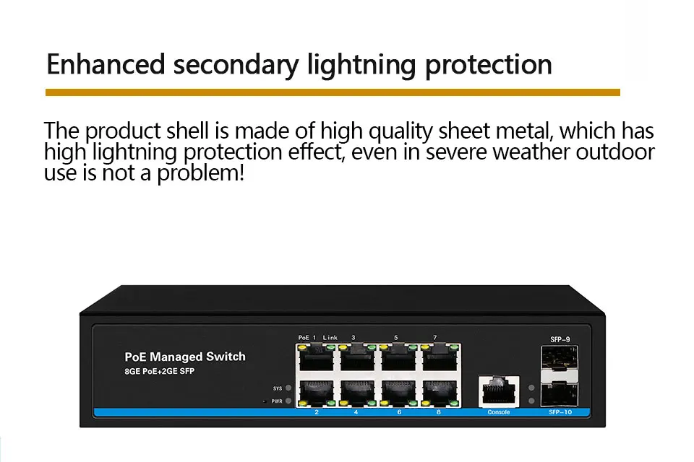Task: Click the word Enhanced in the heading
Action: pyautogui.click(x=106, y=64)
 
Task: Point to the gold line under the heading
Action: pyautogui.click(x=333, y=92)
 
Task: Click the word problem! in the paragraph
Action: pyautogui.click(x=200, y=173)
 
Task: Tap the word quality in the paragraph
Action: pyautogui.click(x=400, y=131)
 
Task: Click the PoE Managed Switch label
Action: pyautogui.click(x=185, y=357)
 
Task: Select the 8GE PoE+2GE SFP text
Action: pyautogui.click(x=159, y=371)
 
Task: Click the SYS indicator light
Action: pyautogui.click(x=288, y=388)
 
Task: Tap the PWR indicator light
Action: pyautogui.click(x=288, y=401)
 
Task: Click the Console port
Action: pyautogui.click(x=499, y=391)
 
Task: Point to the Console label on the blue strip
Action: pyautogui.click(x=499, y=412)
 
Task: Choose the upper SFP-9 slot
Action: pyautogui.click(x=560, y=357)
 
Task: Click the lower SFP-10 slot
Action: pyautogui.click(x=560, y=393)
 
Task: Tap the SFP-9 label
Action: pyautogui.click(x=560, y=339)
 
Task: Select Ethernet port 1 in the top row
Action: pyautogui.click(x=316, y=358)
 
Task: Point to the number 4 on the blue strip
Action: pyautogui.click(x=356, y=412)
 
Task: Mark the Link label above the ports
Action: pyautogui.click(x=330, y=337)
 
